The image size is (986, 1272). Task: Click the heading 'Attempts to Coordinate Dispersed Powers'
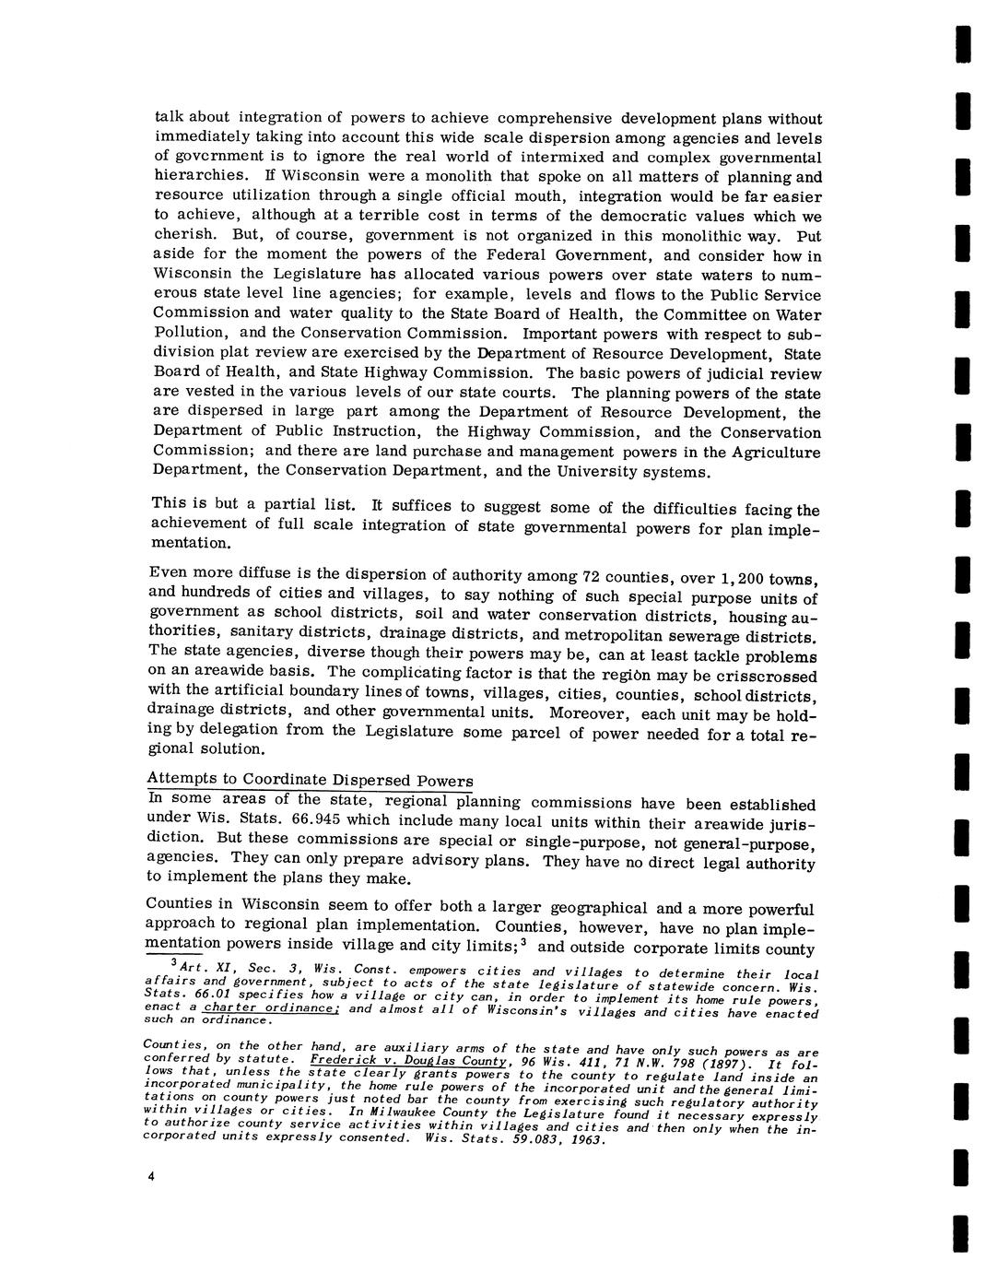311,780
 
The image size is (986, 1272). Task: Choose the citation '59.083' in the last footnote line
533,1138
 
